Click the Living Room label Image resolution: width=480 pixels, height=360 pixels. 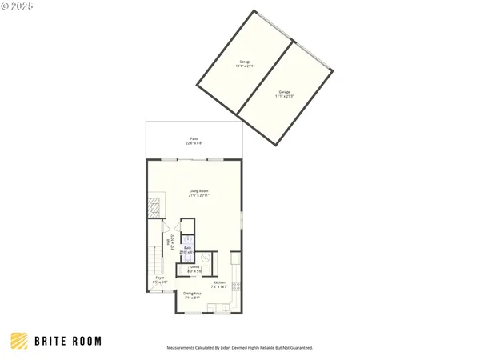point(198,190)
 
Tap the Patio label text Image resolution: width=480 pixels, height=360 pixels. point(194,140)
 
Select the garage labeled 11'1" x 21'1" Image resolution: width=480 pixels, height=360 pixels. point(245,63)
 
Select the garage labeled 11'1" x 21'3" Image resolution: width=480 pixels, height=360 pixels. point(285,94)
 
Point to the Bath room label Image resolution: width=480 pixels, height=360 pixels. point(187,248)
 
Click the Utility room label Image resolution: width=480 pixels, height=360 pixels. point(194,270)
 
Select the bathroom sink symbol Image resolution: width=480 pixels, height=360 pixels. point(188,238)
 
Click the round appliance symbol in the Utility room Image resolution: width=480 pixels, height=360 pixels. point(204,258)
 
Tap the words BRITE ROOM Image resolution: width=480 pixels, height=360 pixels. point(68,341)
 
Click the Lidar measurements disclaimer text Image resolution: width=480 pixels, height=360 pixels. point(239,348)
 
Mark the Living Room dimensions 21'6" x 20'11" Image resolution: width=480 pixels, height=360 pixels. point(198,194)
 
